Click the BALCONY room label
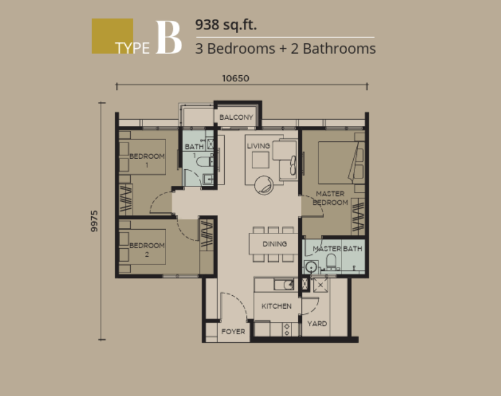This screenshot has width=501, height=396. pos(236,117)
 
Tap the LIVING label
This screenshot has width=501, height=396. pos(258,146)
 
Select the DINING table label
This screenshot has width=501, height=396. pos(275,244)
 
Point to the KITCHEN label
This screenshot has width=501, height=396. pos(276,306)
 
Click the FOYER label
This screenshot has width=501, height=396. pos(233,332)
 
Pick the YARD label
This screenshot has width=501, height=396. pos(317,324)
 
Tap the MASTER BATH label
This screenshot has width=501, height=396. pos(337,249)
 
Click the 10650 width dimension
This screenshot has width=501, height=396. pos(235,78)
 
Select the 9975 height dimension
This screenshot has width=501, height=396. pos(94,221)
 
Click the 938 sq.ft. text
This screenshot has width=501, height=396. pos(226,24)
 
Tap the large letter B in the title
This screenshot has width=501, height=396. pos(169,38)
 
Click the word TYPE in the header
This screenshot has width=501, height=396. pos(133,48)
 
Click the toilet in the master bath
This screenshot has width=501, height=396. pos(331,262)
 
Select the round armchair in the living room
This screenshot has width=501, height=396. pos(264,185)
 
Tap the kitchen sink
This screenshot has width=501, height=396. pos(284,285)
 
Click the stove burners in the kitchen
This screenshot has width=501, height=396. pos(287,329)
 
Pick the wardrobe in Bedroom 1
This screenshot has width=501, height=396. pos(126,200)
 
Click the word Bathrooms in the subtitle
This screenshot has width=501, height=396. pos(339,48)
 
